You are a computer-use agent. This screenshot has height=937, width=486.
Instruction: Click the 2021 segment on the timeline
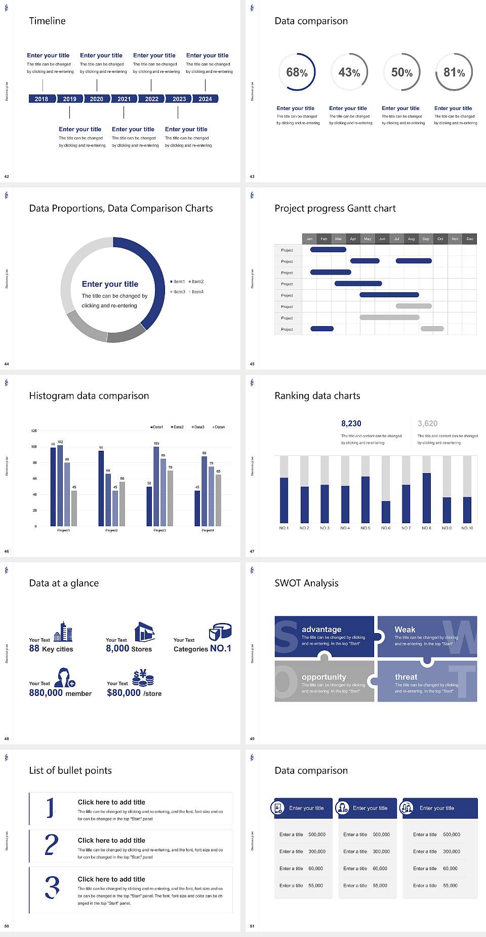pos(124,99)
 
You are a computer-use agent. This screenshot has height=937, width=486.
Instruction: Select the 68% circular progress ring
pos(297,72)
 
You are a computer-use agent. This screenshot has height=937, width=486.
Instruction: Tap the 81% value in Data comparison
pos(454,72)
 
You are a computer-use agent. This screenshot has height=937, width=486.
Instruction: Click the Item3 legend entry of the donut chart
pos(178,292)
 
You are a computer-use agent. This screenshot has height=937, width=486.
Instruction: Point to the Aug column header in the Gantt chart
pos(411,239)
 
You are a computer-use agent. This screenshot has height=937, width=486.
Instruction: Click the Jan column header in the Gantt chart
pos(309,239)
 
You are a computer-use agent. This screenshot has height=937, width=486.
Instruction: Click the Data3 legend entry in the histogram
pos(198,427)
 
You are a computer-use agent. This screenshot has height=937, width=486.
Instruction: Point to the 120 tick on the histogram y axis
pos(34,431)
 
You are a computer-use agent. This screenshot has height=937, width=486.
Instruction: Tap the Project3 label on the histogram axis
pos(159,530)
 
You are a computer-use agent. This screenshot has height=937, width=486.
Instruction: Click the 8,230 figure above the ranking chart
pos(351,423)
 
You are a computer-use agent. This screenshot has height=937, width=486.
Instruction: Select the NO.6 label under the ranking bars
pos(386,528)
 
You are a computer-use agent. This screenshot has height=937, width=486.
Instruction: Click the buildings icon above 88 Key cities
pos(63,632)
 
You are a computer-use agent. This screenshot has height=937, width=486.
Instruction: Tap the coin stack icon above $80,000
pos(143,678)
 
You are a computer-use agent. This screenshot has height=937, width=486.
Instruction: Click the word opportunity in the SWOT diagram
pos(324,677)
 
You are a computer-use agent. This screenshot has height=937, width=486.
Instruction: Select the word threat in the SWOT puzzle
pos(406,677)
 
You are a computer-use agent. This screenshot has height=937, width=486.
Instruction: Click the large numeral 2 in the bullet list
pos(52,845)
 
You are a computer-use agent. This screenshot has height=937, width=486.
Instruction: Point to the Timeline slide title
pos(47,21)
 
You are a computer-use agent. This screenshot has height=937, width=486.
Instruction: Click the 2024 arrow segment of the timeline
pos(205,99)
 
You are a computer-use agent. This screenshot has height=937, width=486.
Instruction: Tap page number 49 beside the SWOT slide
pos(252,739)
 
